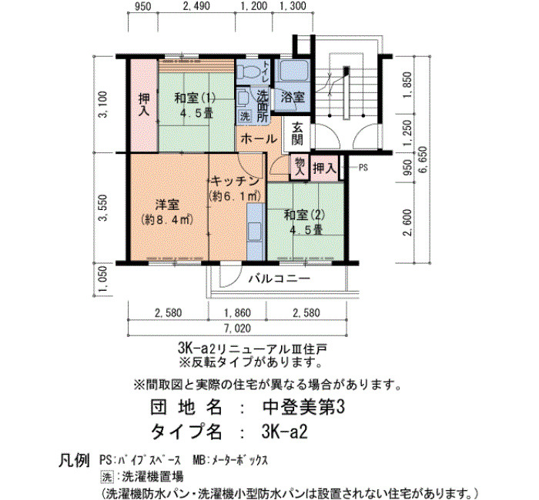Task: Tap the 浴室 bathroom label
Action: coord(293,97)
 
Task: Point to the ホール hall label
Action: coord(259,138)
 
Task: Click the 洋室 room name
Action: coord(167,205)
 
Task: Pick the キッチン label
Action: coord(234,182)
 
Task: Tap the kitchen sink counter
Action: coord(256,232)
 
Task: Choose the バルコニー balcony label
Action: coord(280,278)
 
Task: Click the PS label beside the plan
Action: coord(363,168)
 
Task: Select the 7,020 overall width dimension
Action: coord(237,328)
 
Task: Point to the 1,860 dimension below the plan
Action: coord(237,313)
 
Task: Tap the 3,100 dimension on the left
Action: coord(103,104)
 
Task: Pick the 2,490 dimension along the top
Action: coord(196,6)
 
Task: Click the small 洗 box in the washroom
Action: coord(245,116)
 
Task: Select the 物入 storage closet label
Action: coord(300,167)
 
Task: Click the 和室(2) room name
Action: coord(305,215)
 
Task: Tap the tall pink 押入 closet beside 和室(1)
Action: coord(144,105)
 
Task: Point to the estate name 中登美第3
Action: coord(303,408)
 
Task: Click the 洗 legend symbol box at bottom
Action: coord(106,477)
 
